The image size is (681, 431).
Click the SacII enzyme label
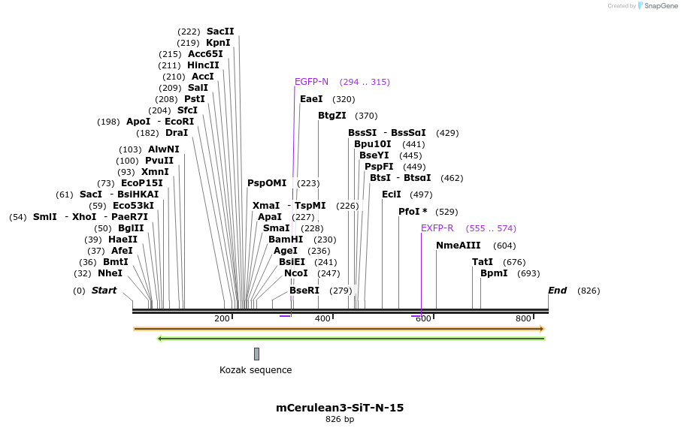point(220,32)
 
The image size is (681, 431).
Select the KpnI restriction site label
point(218,43)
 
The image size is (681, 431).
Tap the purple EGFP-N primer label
point(311,82)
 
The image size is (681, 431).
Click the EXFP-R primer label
point(437,228)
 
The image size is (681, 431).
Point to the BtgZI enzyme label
point(331,116)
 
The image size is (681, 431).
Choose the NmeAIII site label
point(458,246)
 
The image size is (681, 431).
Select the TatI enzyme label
point(483,262)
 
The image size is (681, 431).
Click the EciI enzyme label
point(392,194)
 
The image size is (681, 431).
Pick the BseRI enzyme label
point(304,291)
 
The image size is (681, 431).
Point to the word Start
point(104,291)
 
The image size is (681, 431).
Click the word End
point(557,291)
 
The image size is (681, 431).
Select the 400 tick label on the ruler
point(322,319)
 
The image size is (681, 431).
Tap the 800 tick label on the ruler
point(523,319)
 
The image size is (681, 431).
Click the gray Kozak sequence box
point(256,354)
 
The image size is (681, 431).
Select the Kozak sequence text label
point(256,370)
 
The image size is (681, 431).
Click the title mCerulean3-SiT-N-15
point(340,408)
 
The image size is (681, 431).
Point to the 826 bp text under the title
point(340,419)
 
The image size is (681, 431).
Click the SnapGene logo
point(657,6)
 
